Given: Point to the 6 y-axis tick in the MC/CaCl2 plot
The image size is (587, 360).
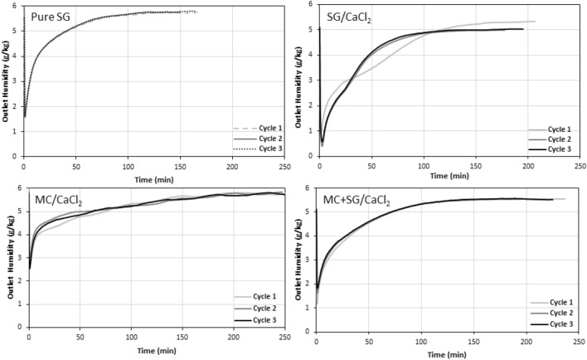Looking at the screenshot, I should (20, 188).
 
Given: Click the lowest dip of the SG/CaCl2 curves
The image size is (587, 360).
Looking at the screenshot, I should (322, 144).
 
